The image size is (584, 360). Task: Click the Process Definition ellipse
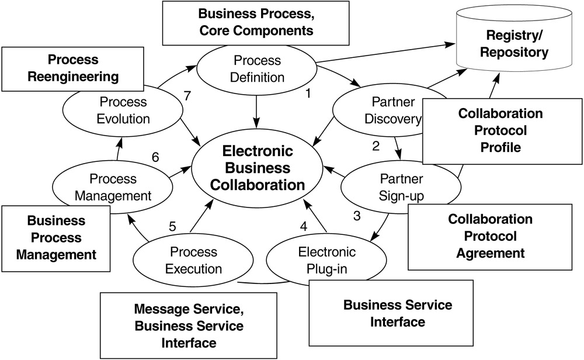tap(258, 69)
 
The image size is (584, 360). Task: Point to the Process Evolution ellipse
tap(123, 110)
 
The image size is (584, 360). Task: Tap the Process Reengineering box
tap(73, 68)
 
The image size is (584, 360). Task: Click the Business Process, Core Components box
tap(255, 22)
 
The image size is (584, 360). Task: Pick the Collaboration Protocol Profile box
tap(500, 130)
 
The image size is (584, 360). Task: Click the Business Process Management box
tap(56, 238)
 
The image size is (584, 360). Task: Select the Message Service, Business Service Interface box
tap(189, 325)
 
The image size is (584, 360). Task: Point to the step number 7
tap(187, 96)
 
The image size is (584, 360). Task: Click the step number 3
tap(357, 215)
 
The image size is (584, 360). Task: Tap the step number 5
tap(172, 226)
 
